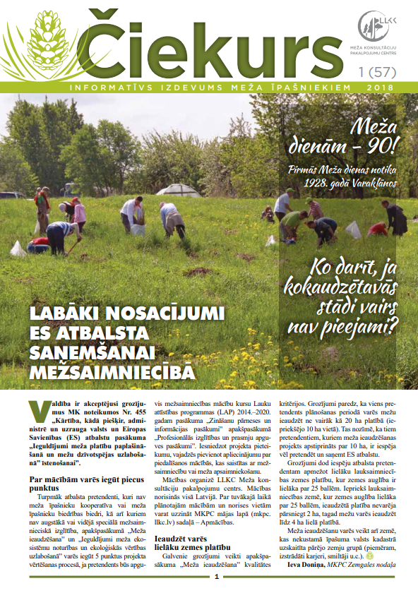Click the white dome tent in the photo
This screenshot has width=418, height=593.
[179, 190]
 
